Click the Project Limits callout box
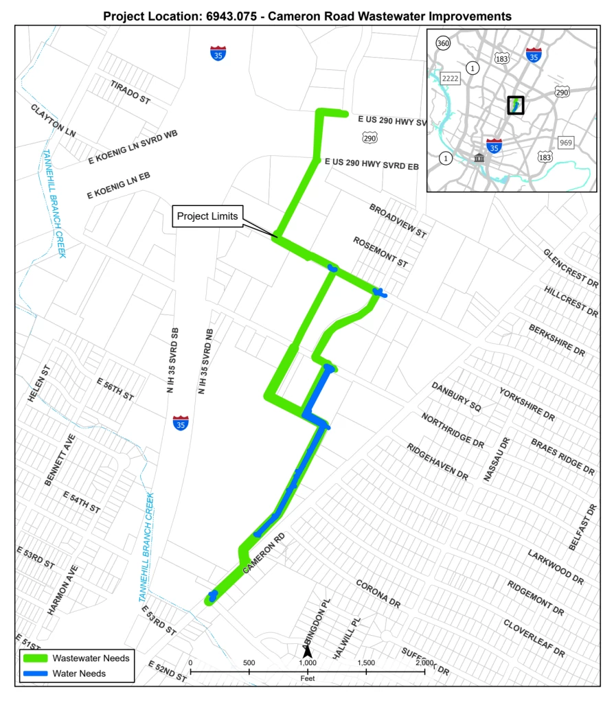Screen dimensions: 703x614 pos(207,216)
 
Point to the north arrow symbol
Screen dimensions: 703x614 pos(308,650)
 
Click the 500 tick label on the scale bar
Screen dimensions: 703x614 pos(249,663)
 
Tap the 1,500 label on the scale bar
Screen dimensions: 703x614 pos(366,663)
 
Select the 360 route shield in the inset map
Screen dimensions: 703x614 pos(444,44)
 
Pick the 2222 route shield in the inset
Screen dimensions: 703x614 pos(450,78)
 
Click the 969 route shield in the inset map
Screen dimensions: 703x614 pos(565,142)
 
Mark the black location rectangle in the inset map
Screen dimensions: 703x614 pos(515,104)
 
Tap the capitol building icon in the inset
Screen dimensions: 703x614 pos(479,159)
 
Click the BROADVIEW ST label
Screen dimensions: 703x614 pos(398,220)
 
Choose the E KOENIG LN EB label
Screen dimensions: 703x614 pos(118,187)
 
